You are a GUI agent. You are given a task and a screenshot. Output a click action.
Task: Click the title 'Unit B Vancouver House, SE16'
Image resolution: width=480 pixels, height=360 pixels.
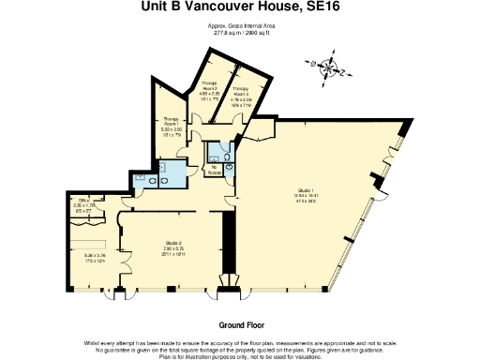click(240, 10)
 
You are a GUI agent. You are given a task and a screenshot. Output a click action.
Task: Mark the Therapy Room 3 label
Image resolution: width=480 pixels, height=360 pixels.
click(242, 92)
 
